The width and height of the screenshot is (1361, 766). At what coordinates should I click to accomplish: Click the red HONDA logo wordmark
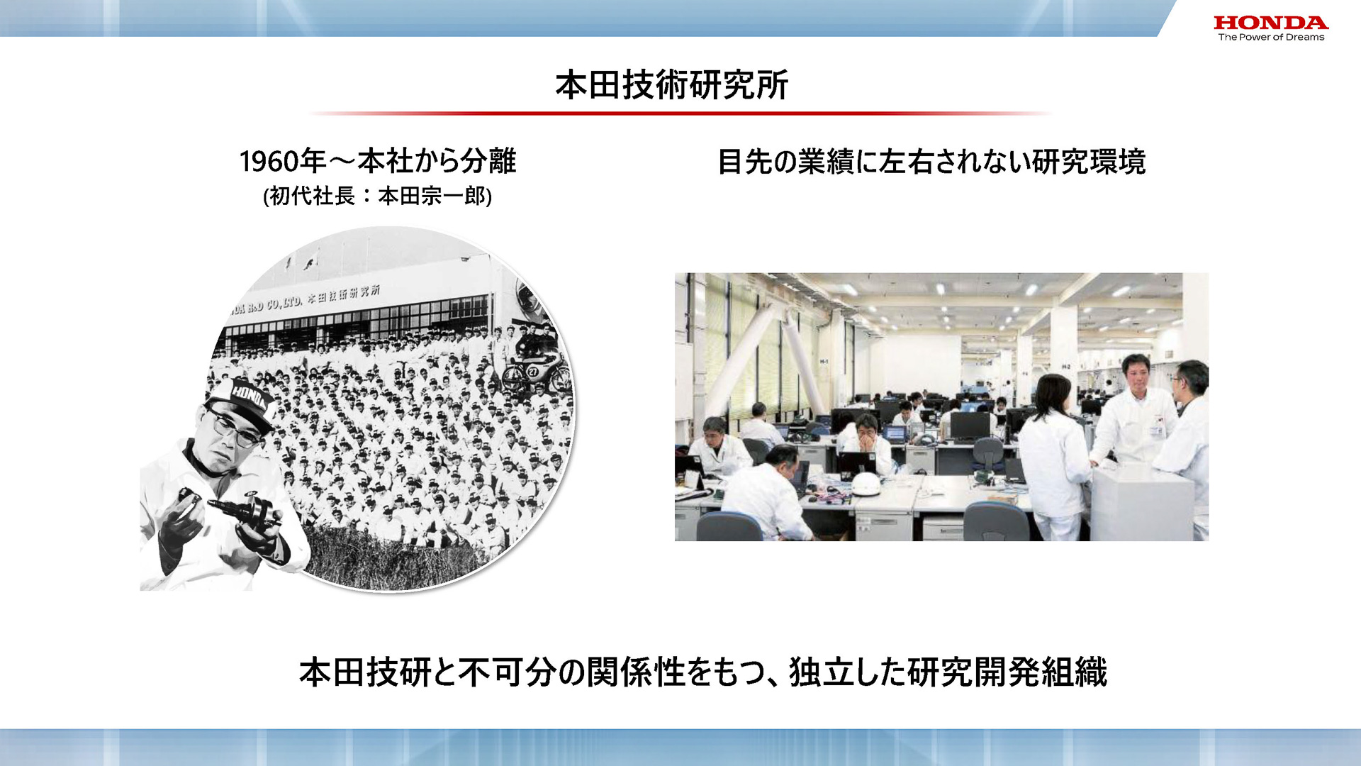[x=1270, y=23]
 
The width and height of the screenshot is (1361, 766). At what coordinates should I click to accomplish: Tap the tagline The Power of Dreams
[x=1270, y=38]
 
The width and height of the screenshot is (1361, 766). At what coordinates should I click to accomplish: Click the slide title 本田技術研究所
[x=671, y=85]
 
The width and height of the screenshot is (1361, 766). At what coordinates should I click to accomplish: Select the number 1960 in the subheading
[x=268, y=162]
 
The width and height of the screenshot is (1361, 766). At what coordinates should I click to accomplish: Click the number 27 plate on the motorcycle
[x=532, y=371]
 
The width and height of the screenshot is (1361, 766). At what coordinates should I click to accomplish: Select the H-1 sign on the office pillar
[x=824, y=362]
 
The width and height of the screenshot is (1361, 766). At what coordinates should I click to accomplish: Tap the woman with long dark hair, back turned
[x=1053, y=454]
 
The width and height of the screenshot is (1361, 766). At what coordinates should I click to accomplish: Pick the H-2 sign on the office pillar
[x=1065, y=367]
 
